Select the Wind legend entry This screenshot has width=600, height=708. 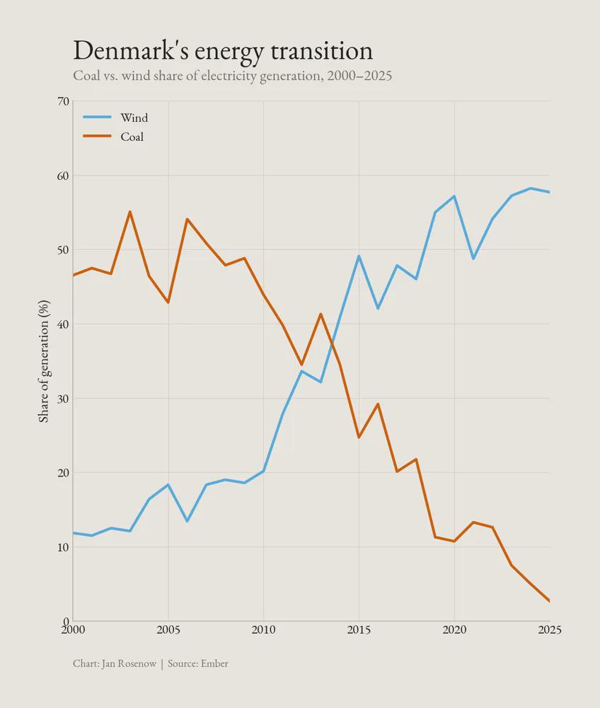pyautogui.click(x=134, y=118)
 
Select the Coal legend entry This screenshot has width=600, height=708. pyautogui.click(x=132, y=137)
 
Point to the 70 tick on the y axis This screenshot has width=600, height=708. pyautogui.click(x=62, y=101)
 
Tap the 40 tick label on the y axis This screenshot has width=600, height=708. pyautogui.click(x=62, y=324)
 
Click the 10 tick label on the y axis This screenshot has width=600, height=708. pyautogui.click(x=62, y=547)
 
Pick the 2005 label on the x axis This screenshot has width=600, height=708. pyautogui.click(x=168, y=629)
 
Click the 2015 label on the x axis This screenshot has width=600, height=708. pyautogui.click(x=359, y=629)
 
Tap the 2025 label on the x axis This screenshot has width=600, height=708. pyautogui.click(x=548, y=629)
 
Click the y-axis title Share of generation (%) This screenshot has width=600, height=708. pyautogui.click(x=44, y=361)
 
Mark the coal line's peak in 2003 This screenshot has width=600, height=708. pyautogui.click(x=129, y=212)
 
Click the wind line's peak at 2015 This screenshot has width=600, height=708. pyautogui.click(x=359, y=256)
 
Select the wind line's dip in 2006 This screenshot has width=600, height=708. pyautogui.click(x=187, y=521)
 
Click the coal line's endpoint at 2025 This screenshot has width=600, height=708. pyautogui.click(x=549, y=601)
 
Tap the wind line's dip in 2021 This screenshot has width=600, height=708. pyautogui.click(x=473, y=258)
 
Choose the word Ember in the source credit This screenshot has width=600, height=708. pyautogui.click(x=214, y=663)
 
